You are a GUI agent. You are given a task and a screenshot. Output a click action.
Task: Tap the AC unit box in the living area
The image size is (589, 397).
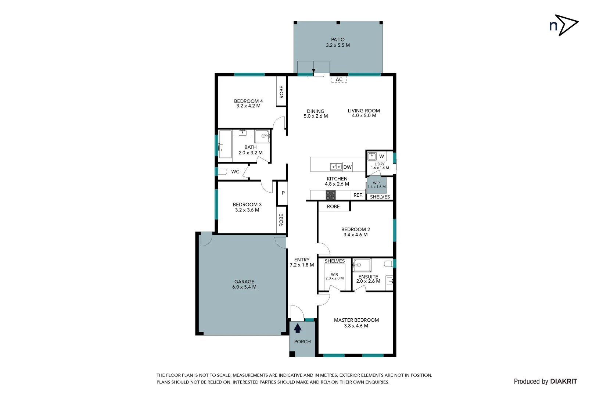339,79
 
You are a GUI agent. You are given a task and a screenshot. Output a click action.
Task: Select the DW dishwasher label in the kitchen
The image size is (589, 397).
347,167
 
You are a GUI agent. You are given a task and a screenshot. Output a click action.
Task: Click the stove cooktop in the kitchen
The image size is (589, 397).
330,195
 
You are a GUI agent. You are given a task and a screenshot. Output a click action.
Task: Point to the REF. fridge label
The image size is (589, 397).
358,195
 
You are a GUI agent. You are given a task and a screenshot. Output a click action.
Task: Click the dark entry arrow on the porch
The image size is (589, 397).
298,328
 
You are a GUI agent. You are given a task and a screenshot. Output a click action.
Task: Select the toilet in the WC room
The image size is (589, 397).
222,172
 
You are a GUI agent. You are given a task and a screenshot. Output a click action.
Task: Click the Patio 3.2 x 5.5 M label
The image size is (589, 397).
338,42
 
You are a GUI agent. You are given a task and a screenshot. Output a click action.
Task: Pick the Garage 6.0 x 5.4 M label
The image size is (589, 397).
244,284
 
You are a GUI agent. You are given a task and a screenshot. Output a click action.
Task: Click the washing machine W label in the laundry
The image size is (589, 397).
381,156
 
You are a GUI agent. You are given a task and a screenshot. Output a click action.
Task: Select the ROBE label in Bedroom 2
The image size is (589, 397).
333,207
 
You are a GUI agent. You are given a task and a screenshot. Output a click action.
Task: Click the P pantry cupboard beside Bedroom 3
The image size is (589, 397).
283,193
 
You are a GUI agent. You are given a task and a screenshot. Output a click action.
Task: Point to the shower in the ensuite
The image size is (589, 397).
362,265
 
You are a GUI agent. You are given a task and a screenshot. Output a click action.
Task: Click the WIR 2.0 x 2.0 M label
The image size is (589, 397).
334,276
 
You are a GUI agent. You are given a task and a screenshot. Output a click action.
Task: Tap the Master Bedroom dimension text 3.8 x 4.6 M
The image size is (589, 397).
356,326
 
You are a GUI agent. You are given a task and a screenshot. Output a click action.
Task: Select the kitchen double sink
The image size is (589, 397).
336,167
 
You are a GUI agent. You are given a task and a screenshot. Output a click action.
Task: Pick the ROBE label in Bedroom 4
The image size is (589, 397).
281,92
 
